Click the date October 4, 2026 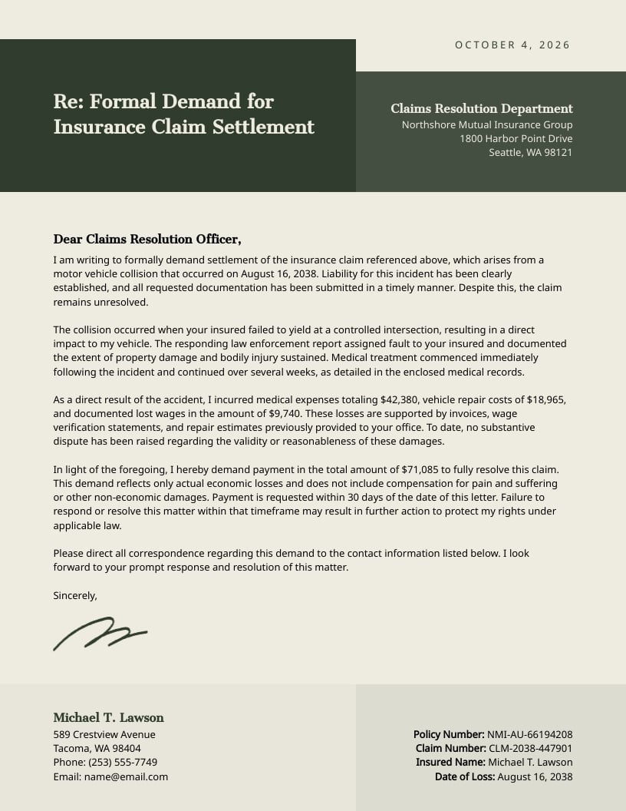512,45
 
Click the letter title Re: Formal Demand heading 183,114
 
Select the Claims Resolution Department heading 481,109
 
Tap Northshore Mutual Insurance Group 486,124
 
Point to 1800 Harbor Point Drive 516,138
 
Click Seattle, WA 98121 530,152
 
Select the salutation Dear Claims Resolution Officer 147,240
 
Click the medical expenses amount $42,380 398,400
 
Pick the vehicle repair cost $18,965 544,400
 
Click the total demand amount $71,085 420,469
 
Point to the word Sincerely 75,595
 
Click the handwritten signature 100,633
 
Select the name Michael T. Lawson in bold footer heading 108,717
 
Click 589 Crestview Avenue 104,734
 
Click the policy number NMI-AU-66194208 529,734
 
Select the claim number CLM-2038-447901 530,748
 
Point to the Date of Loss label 464,776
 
